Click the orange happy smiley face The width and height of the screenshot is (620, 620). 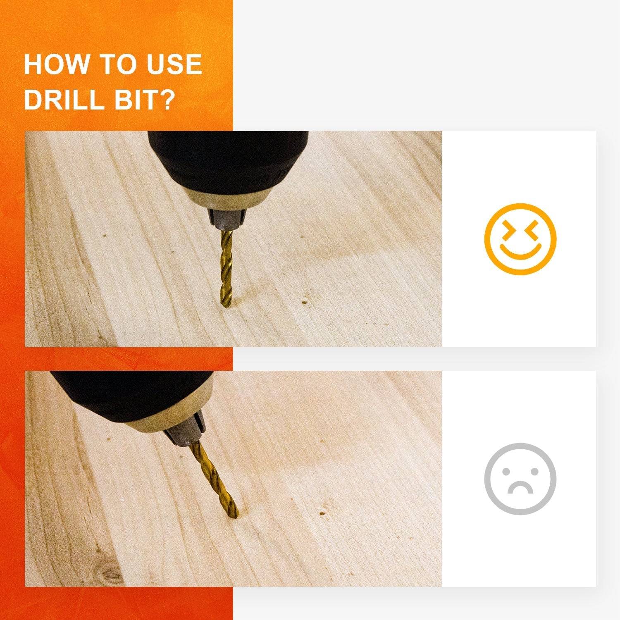coord(520,239)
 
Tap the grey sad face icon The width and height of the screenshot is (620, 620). coord(520,479)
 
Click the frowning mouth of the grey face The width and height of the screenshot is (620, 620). coord(520,487)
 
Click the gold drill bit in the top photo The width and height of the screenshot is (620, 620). coord(227,269)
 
